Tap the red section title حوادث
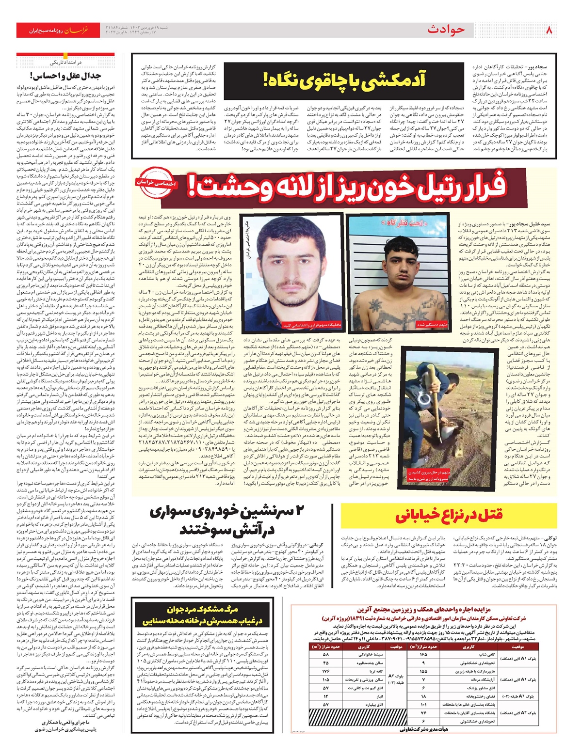coord(446,30)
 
